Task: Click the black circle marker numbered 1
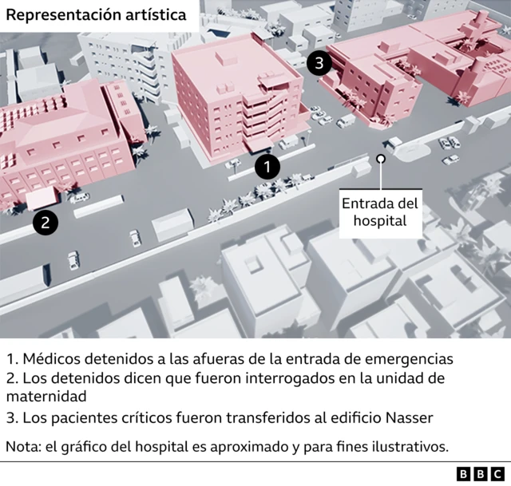click(x=267, y=167)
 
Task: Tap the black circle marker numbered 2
click(x=46, y=223)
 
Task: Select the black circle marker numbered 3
click(x=319, y=64)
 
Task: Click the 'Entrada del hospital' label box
click(x=379, y=212)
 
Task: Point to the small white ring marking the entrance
click(x=381, y=159)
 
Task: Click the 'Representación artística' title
click(x=98, y=15)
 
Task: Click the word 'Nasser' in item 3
click(x=411, y=417)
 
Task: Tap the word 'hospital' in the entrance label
click(x=379, y=221)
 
